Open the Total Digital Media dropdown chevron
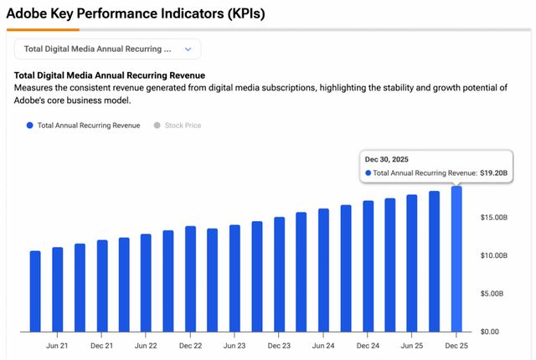point(188,49)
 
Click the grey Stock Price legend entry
point(177,126)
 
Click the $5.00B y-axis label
point(492,294)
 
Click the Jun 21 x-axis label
point(57,345)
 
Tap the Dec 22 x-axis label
point(191,345)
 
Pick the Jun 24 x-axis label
point(323,345)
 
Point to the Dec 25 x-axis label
point(456,345)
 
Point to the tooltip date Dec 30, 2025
point(389,158)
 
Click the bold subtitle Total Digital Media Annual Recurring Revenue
point(110,75)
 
